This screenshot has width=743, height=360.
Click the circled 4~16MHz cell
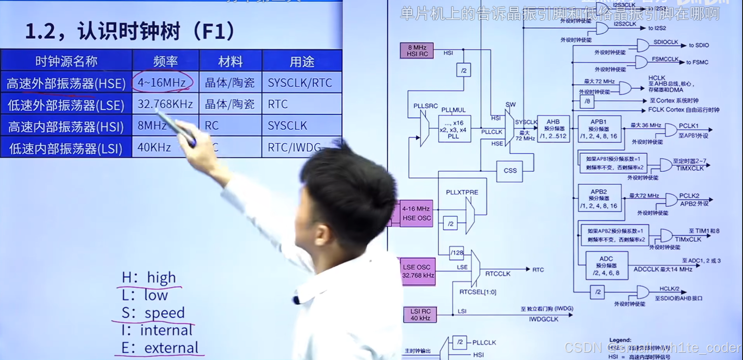tap(162, 82)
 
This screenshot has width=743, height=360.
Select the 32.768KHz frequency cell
tap(165, 104)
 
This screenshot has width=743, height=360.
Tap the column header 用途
tap(302, 61)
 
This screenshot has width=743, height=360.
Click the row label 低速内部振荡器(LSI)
tap(66, 148)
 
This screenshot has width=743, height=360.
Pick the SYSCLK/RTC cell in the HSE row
tap(300, 83)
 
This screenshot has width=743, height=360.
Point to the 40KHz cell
tap(154, 147)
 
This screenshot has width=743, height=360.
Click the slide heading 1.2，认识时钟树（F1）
tap(130, 31)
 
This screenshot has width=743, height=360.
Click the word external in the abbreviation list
tap(171, 348)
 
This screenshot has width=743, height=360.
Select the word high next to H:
tap(161, 278)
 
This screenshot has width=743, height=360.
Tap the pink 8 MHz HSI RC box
tap(417, 51)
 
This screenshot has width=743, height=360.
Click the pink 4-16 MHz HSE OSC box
tap(416, 213)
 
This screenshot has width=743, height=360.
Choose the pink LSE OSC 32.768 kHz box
tap(418, 271)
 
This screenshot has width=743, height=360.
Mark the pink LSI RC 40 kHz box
tap(420, 315)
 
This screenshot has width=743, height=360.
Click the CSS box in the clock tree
tap(510, 171)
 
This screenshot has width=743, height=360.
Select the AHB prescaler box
tap(553, 129)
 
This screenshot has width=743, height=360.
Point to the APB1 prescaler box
tap(599, 129)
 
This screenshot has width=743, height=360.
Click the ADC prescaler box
tap(606, 266)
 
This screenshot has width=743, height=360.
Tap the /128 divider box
tap(457, 253)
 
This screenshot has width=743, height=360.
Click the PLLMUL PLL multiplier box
tap(454, 129)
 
